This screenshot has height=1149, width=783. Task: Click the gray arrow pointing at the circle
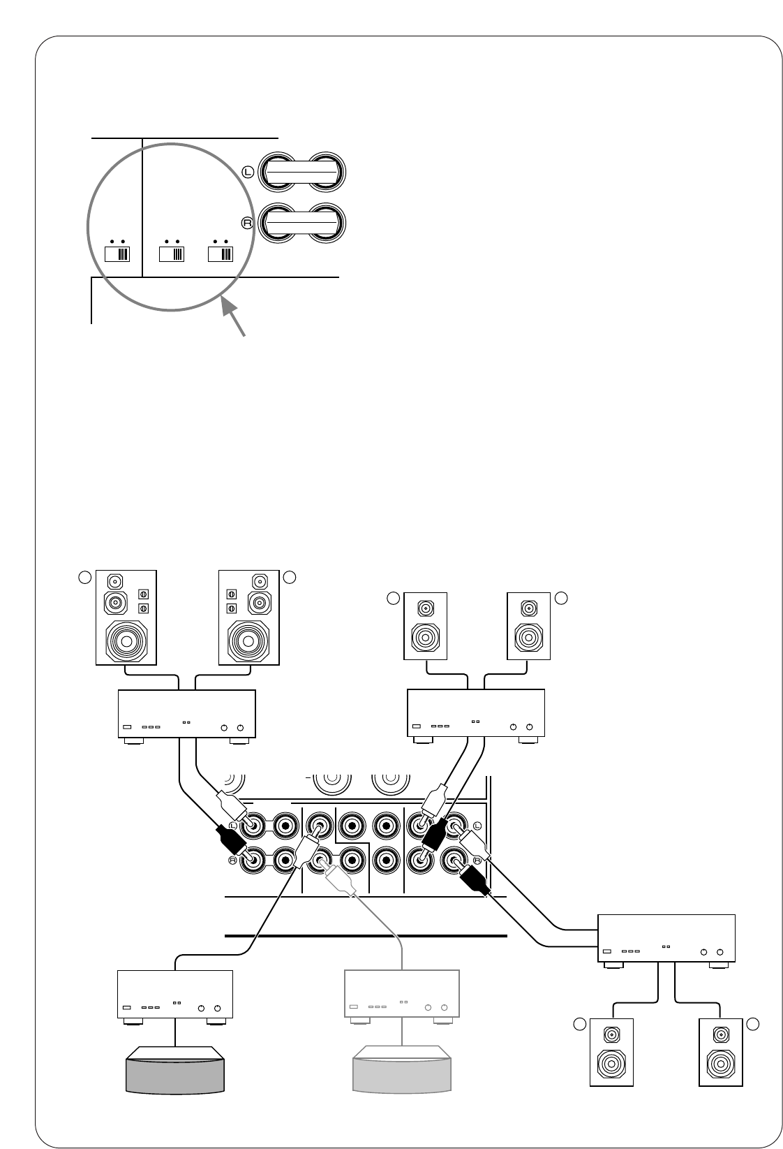click(235, 319)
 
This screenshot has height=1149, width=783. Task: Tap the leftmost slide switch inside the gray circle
click(117, 252)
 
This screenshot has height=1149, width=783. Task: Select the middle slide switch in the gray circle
click(171, 252)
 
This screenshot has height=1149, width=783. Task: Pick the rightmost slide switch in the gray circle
click(221, 252)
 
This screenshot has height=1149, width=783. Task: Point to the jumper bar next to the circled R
click(301, 222)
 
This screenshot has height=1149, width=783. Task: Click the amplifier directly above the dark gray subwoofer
click(174, 995)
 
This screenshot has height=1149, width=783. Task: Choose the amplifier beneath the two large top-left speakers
click(187, 715)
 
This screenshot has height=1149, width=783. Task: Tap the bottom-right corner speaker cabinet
click(720, 1052)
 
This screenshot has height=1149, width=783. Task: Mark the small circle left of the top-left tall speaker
click(84, 577)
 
